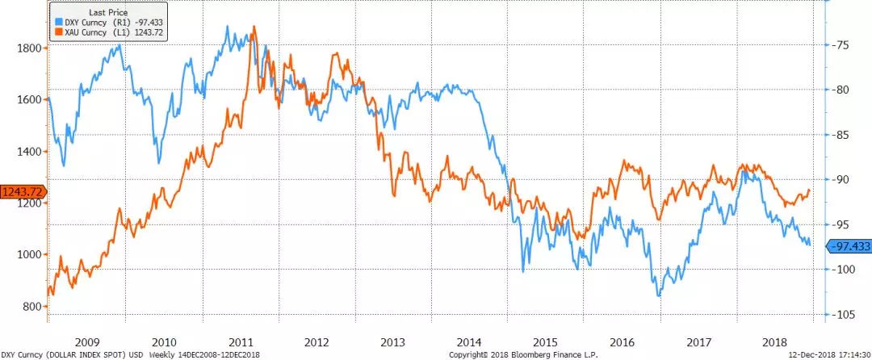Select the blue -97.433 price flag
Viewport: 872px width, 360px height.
coord(847,247)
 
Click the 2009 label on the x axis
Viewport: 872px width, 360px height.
coord(86,341)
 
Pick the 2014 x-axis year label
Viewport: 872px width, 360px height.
coord(470,341)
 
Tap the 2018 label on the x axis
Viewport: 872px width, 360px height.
coord(780,341)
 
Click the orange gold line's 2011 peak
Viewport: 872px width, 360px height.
coord(254,27)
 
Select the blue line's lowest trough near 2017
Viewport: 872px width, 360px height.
coord(659,296)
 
